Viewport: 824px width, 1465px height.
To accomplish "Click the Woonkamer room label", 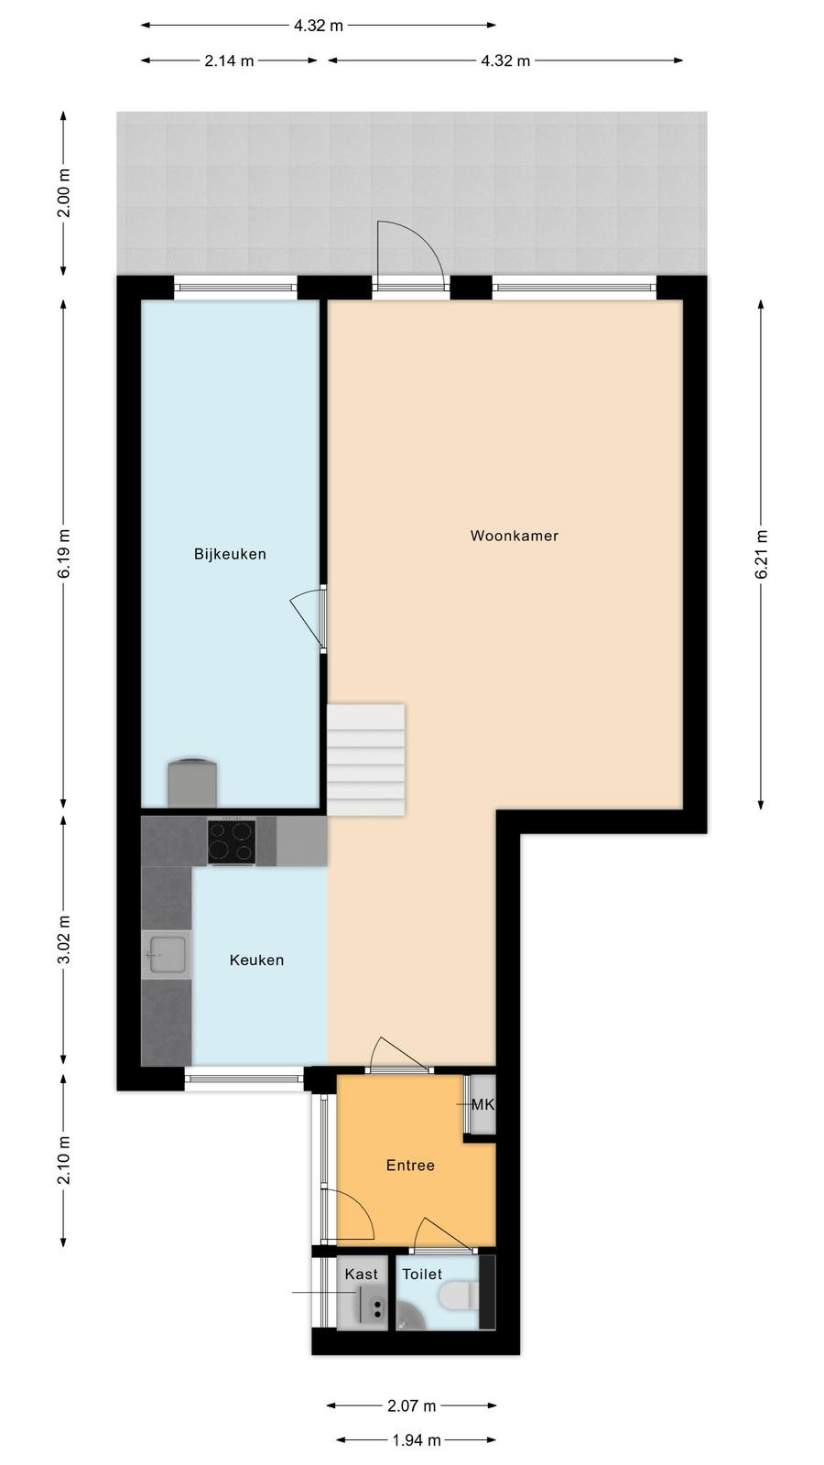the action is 514,536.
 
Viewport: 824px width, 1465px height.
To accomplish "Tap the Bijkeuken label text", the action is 230,554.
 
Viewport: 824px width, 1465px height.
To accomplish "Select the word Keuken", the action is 256,960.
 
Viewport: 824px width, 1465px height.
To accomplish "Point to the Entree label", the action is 410,1165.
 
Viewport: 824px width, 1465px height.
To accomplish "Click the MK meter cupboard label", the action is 482,1104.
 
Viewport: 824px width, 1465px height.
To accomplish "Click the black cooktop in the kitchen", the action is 232,841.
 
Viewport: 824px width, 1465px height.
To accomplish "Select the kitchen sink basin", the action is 166,955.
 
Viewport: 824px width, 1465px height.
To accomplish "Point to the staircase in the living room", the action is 365,759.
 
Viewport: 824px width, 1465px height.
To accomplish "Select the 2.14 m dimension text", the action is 229,60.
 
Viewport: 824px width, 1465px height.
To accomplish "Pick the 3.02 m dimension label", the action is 63,939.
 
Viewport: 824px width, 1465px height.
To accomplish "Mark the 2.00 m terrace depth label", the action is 63,193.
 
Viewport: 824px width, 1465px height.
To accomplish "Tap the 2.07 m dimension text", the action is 411,1405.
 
